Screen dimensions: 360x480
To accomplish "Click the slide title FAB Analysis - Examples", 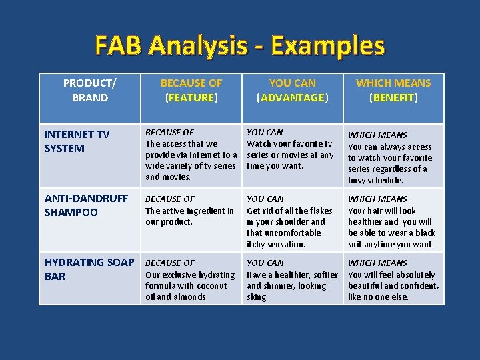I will pyautogui.click(x=240, y=45).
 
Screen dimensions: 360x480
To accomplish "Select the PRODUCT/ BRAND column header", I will pyautogui.click(x=89, y=90).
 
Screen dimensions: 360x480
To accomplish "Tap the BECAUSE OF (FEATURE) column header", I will pyautogui.click(x=191, y=90).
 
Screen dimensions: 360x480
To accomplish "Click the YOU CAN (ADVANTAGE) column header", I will pyautogui.click(x=293, y=90).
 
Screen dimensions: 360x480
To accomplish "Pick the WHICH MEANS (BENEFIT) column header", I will pyautogui.click(x=393, y=90).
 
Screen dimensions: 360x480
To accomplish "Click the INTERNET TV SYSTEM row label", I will pyautogui.click(x=77, y=141).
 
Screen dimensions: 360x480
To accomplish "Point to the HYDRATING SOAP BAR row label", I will pyautogui.click(x=89, y=269).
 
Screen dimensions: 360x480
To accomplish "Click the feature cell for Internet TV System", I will pyautogui.click(x=191, y=155).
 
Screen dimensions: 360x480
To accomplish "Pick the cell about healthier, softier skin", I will pyautogui.click(x=291, y=280).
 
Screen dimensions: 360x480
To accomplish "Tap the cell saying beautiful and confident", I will pyautogui.click(x=393, y=280).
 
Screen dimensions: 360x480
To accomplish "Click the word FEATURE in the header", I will pyautogui.click(x=191, y=98).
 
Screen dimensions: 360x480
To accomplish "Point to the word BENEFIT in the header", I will pyautogui.click(x=393, y=98).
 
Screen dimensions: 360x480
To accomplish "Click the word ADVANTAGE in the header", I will pyautogui.click(x=293, y=98).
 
